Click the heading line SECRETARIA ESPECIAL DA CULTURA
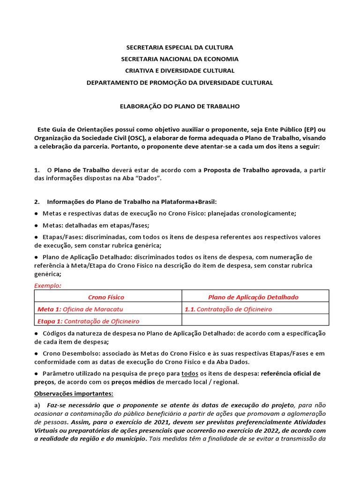(x=180, y=47)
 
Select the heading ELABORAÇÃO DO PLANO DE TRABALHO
(x=180, y=106)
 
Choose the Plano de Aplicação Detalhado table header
(x=253, y=297)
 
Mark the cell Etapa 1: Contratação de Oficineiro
(x=89, y=321)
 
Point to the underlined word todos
(x=189, y=374)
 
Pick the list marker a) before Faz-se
(x=37, y=405)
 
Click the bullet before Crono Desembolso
(x=37, y=353)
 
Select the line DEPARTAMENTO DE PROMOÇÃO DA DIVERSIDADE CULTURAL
(x=180, y=82)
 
